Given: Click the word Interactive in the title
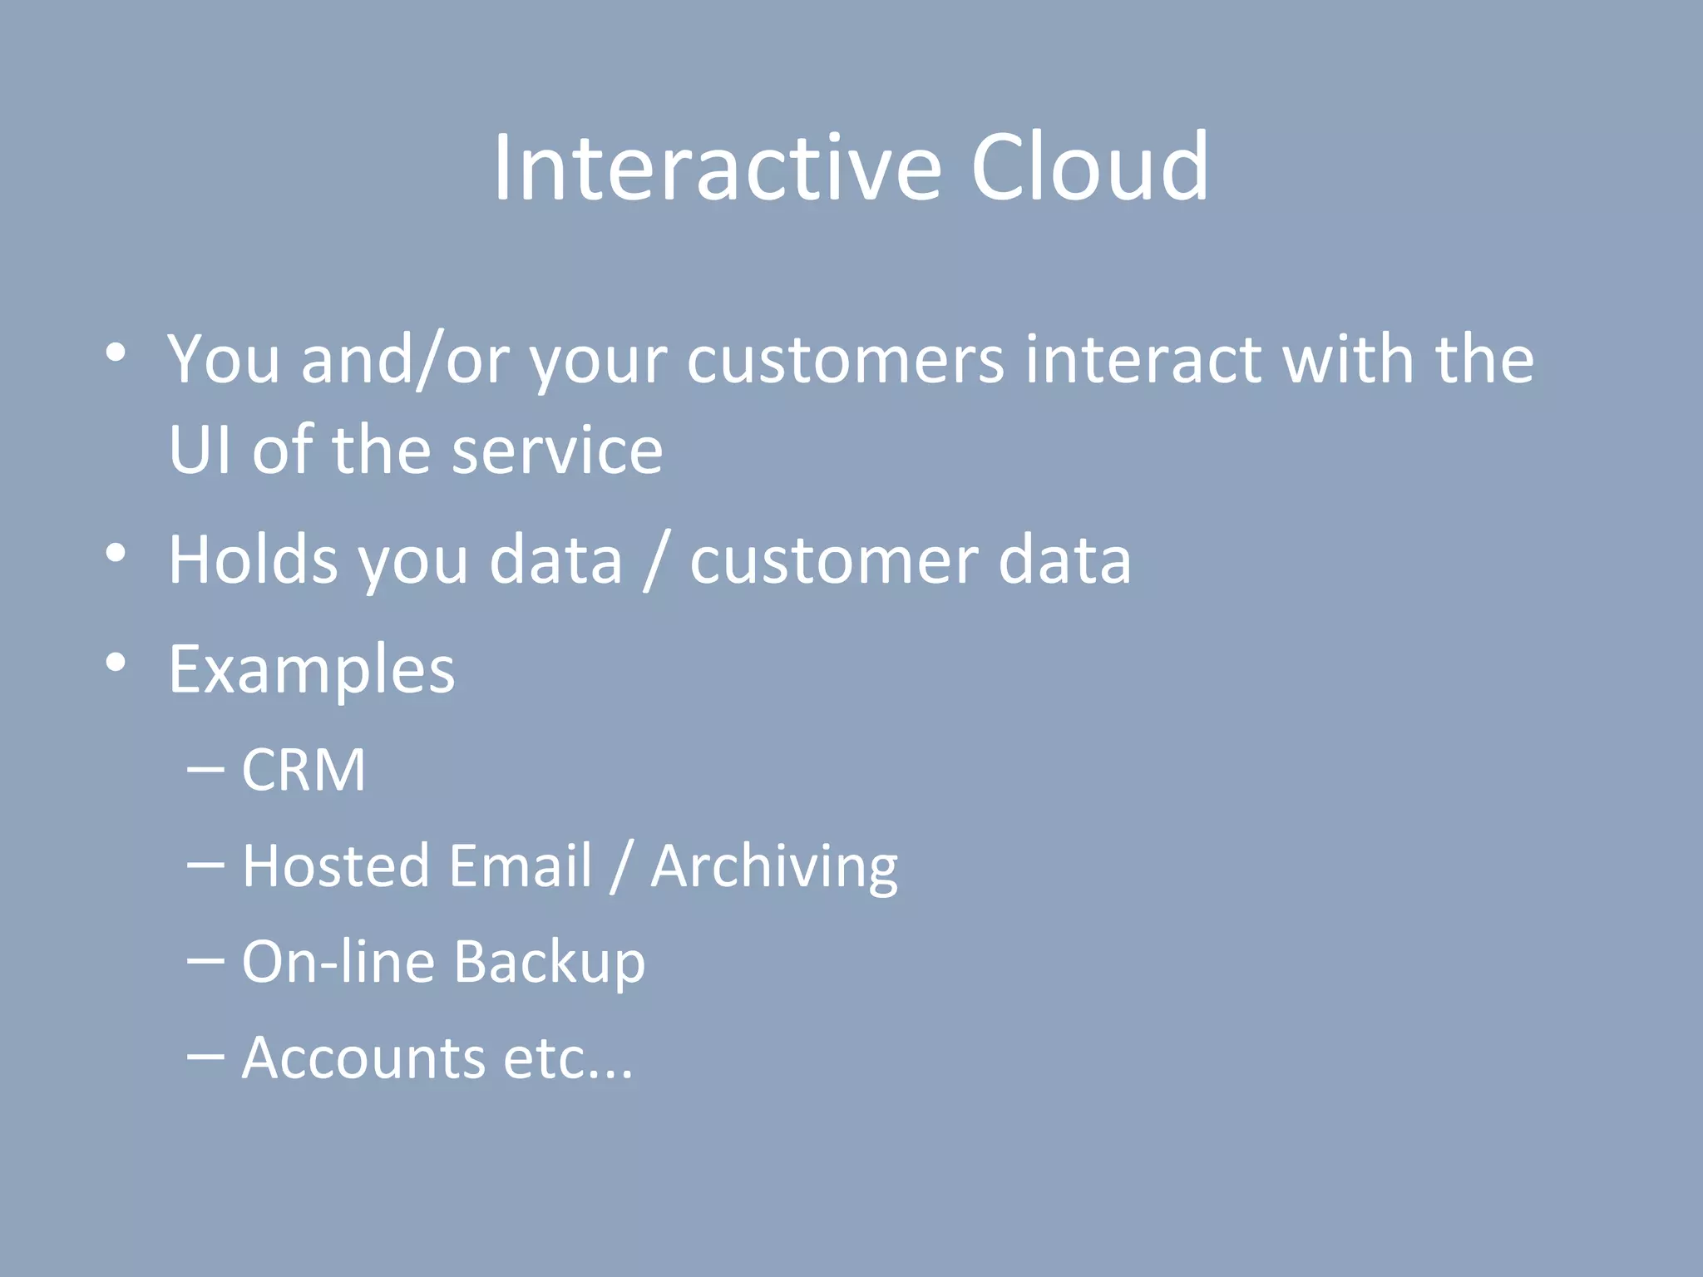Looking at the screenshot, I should pyautogui.click(x=717, y=168).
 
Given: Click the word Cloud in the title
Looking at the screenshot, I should pyautogui.click(x=1089, y=168).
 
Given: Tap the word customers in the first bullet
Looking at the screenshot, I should pyautogui.click(x=845, y=361).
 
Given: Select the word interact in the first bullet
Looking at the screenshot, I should pyautogui.click(x=1143, y=361).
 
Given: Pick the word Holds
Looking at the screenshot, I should pyautogui.click(x=253, y=560).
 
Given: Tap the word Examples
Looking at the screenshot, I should pyautogui.click(x=312, y=670).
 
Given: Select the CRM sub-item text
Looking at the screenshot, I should pyautogui.click(x=304, y=770).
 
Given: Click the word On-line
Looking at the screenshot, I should pyautogui.click(x=338, y=963).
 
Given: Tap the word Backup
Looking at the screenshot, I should pyautogui.click(x=549, y=963).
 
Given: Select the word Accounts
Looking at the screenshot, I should pyautogui.click(x=363, y=1058).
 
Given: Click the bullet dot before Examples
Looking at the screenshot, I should pyautogui.click(x=116, y=663).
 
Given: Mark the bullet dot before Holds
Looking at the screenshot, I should pyautogui.click(x=116, y=553).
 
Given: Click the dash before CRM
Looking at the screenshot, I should pyautogui.click(x=205, y=770).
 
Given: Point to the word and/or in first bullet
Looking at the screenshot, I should pyautogui.click(x=405, y=361).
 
